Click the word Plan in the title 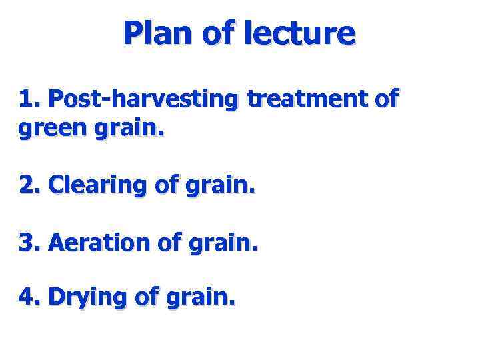pos(157,33)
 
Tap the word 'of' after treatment pos(386,99)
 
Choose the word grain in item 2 pos(221,183)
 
